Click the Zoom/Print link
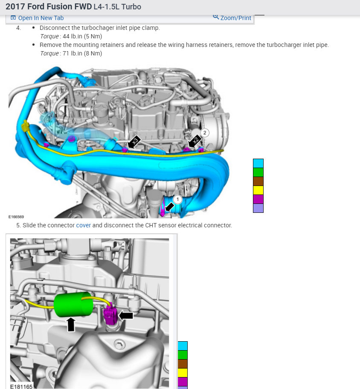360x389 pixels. click(x=232, y=18)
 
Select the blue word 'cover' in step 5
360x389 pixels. click(x=83, y=225)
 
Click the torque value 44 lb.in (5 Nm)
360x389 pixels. click(x=82, y=36)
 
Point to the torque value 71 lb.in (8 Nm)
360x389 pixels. click(x=82, y=53)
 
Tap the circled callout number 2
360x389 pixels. click(x=204, y=133)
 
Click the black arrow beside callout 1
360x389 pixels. click(x=170, y=206)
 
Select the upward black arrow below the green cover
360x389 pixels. click(x=71, y=324)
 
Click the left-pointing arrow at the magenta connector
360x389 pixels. click(x=126, y=316)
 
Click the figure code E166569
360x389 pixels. click(x=16, y=217)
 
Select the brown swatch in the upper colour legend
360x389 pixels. click(x=258, y=181)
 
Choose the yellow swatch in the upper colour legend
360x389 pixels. click(x=258, y=190)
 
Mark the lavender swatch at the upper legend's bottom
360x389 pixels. click(x=258, y=208)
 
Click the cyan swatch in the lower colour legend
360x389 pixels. click(x=182, y=346)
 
